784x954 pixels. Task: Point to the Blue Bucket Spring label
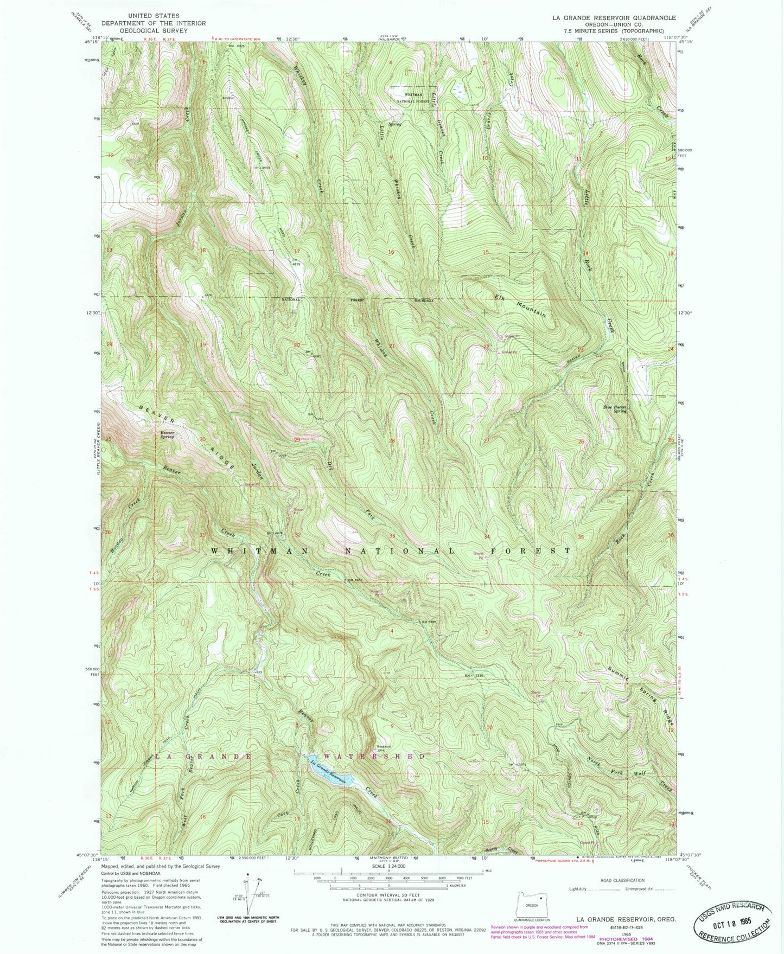(615, 409)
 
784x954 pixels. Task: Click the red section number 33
(392, 536)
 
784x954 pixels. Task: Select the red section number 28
(392, 441)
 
